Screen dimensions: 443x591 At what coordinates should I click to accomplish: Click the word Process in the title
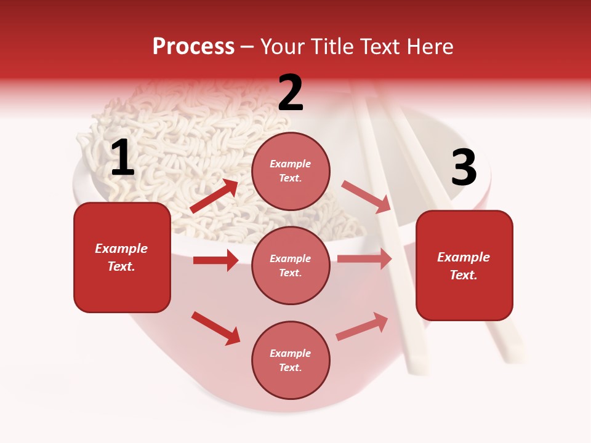[193, 47]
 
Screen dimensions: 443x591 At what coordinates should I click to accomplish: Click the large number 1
[123, 158]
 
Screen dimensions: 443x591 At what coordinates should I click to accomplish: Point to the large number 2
[291, 93]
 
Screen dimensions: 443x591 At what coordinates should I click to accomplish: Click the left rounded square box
[122, 257]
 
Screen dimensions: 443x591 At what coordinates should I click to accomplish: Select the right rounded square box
[464, 266]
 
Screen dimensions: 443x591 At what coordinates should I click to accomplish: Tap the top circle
[291, 171]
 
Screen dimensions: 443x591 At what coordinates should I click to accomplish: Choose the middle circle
[291, 265]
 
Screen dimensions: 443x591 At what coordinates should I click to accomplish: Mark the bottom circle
[291, 360]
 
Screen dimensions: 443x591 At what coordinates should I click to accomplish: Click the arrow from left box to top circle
[214, 196]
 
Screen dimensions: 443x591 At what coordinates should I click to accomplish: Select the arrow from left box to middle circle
[215, 260]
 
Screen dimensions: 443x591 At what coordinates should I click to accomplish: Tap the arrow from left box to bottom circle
[215, 328]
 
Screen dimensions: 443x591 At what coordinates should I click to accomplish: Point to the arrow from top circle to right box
[366, 196]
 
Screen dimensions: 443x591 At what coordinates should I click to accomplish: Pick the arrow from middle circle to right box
[364, 258]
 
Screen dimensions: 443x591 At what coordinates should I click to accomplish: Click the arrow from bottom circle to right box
[363, 327]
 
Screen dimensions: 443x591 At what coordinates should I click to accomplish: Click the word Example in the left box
[121, 249]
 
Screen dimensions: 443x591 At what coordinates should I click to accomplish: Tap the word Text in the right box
[462, 275]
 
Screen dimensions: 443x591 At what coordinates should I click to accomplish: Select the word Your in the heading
[283, 47]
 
